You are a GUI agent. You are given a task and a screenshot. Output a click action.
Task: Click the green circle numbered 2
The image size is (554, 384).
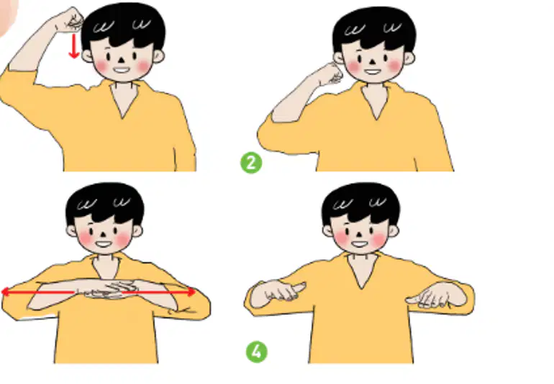coord(251,163)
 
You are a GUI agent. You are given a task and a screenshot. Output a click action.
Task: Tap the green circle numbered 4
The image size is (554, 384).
coord(257,352)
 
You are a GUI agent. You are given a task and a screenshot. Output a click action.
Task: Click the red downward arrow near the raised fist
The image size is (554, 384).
coord(74,45)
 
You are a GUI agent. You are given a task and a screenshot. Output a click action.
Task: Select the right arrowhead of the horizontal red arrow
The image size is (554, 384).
coord(191,292)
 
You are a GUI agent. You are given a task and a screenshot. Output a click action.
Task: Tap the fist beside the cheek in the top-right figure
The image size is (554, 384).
coord(331,74)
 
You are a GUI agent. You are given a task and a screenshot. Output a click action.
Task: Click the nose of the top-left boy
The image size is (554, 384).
coord(121,60)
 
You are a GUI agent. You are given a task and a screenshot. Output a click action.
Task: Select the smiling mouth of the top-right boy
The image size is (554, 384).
coord(373,72)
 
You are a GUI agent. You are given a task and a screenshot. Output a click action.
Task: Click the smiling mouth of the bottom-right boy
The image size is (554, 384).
coord(360,244)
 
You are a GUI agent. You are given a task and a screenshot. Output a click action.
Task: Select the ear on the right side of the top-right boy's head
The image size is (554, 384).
coord(409,58)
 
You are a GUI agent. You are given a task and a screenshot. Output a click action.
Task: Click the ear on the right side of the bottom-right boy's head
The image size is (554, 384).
coord(394,231)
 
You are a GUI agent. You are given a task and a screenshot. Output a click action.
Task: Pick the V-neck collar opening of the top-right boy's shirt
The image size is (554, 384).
coord(376,100)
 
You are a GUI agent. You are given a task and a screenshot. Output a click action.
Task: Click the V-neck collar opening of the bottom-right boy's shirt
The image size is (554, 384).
coord(362,271)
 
